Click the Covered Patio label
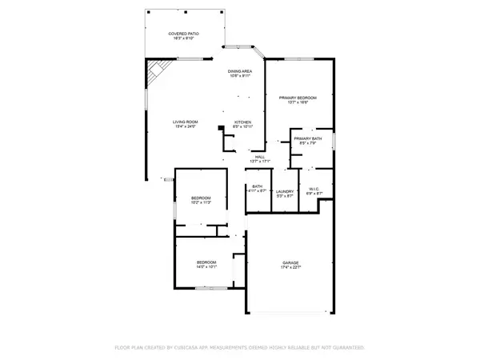click(184, 34)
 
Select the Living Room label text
click(186, 122)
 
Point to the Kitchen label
click(242, 122)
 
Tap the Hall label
click(260, 157)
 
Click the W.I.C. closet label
click(314, 189)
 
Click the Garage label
click(290, 263)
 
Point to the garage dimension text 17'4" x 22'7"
click(290, 268)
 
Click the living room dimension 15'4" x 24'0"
click(186, 126)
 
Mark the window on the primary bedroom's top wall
click(298, 59)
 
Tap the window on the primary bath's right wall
click(334, 142)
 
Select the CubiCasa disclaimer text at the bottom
click(240, 349)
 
